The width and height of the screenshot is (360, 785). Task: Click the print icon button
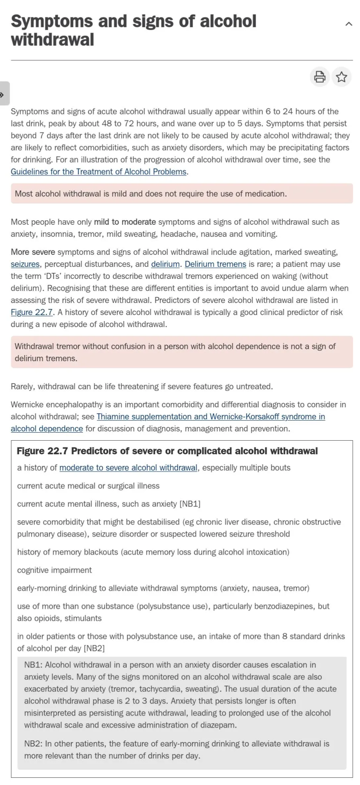(319, 77)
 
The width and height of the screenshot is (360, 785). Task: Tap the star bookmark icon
(342, 77)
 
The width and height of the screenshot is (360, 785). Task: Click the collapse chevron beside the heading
(349, 24)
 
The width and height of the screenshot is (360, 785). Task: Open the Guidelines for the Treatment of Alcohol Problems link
(99, 172)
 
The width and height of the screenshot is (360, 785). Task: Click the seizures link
(25, 264)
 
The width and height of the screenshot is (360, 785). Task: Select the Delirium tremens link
(215, 264)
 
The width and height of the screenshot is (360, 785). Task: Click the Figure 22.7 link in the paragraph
(32, 312)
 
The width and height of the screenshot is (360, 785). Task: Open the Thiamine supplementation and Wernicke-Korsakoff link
(211, 417)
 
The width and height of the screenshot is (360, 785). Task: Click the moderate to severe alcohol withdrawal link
(128, 468)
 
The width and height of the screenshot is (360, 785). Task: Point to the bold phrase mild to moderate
(125, 222)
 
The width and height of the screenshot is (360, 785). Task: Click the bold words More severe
(33, 252)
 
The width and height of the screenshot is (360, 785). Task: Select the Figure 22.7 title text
(167, 451)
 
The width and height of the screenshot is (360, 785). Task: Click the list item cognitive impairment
(54, 570)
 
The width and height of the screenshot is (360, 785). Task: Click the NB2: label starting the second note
(33, 744)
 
